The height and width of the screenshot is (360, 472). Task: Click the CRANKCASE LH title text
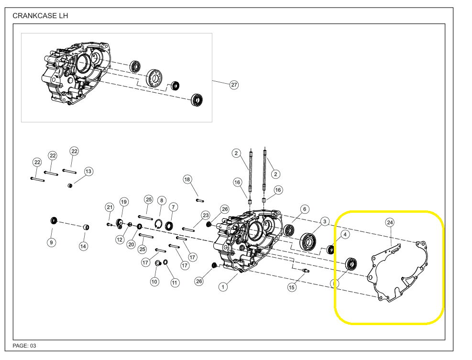click(x=40, y=16)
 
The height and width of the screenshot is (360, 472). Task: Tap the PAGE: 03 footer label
click(x=24, y=345)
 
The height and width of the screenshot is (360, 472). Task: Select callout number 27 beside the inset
click(x=234, y=85)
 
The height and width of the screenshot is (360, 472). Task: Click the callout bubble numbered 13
click(x=88, y=171)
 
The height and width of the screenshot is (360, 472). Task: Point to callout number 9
click(x=51, y=242)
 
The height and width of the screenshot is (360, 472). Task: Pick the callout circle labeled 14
click(x=84, y=246)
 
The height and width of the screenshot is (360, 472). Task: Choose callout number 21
click(x=110, y=207)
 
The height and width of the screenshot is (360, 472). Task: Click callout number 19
click(x=124, y=202)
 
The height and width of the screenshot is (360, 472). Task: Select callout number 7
click(x=173, y=207)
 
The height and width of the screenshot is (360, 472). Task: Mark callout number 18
click(x=187, y=179)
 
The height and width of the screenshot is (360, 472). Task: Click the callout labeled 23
click(x=206, y=215)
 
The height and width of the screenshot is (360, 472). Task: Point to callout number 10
click(x=154, y=282)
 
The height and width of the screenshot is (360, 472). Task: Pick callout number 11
click(x=175, y=283)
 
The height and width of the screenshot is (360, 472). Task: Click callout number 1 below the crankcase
click(x=223, y=287)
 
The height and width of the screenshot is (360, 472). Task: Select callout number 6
click(x=305, y=209)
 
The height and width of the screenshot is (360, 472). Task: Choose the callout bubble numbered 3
click(x=325, y=221)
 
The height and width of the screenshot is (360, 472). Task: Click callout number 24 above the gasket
click(x=390, y=223)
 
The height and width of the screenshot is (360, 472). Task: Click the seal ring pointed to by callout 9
click(x=54, y=221)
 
